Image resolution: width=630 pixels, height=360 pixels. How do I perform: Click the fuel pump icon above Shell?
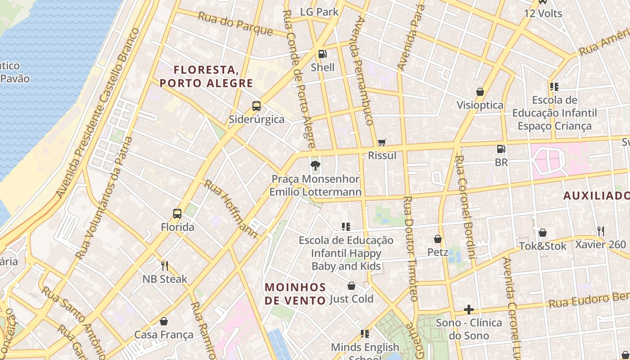click(323, 54)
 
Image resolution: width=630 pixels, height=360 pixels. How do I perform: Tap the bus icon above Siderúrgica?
click(256, 106)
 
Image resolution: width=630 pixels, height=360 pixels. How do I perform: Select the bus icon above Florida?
click(177, 214)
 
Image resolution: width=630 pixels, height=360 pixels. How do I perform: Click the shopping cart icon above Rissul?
click(382, 142)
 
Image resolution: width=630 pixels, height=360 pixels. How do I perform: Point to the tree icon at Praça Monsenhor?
click(315, 166)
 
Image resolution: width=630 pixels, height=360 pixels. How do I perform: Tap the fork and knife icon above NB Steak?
click(165, 265)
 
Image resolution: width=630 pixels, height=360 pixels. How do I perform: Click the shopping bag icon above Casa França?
click(164, 321)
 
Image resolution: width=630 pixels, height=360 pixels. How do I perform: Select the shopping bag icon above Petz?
click(437, 239)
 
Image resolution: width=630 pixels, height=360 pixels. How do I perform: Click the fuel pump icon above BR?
click(501, 149)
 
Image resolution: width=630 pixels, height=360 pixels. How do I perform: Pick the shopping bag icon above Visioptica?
click(480, 92)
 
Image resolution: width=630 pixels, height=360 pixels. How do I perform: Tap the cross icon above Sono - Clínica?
click(469, 310)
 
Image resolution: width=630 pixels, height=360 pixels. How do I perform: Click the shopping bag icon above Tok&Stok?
click(543, 233)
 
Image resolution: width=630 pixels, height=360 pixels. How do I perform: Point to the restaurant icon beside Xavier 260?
click(600, 231)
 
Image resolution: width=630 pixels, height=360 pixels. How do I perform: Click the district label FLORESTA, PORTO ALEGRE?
click(206, 76)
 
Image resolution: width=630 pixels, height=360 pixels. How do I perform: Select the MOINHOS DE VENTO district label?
click(295, 293)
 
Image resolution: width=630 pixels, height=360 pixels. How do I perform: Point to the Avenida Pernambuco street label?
click(364, 72)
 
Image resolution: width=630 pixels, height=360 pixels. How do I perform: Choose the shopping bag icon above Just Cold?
click(351, 286)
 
